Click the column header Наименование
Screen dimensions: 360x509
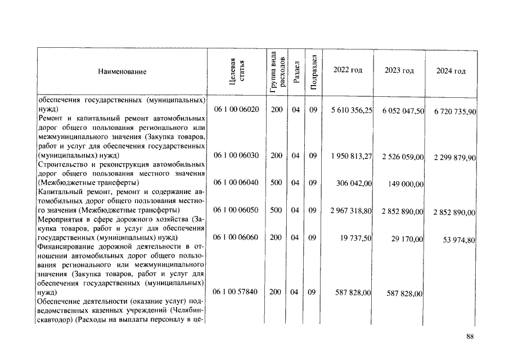coord(122,72)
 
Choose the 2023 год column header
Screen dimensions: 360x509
coord(399,70)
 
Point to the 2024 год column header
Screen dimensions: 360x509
coord(451,71)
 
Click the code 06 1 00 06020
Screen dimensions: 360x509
coord(236,110)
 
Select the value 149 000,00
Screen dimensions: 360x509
coord(406,184)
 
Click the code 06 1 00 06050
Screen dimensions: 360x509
coord(236,210)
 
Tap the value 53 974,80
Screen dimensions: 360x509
coord(458,240)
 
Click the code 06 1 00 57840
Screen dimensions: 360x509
coord(236,292)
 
